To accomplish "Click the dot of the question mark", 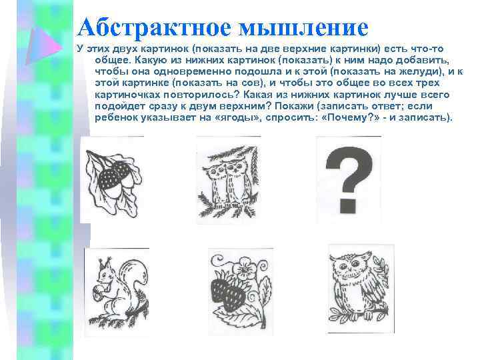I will pos(347,201).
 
